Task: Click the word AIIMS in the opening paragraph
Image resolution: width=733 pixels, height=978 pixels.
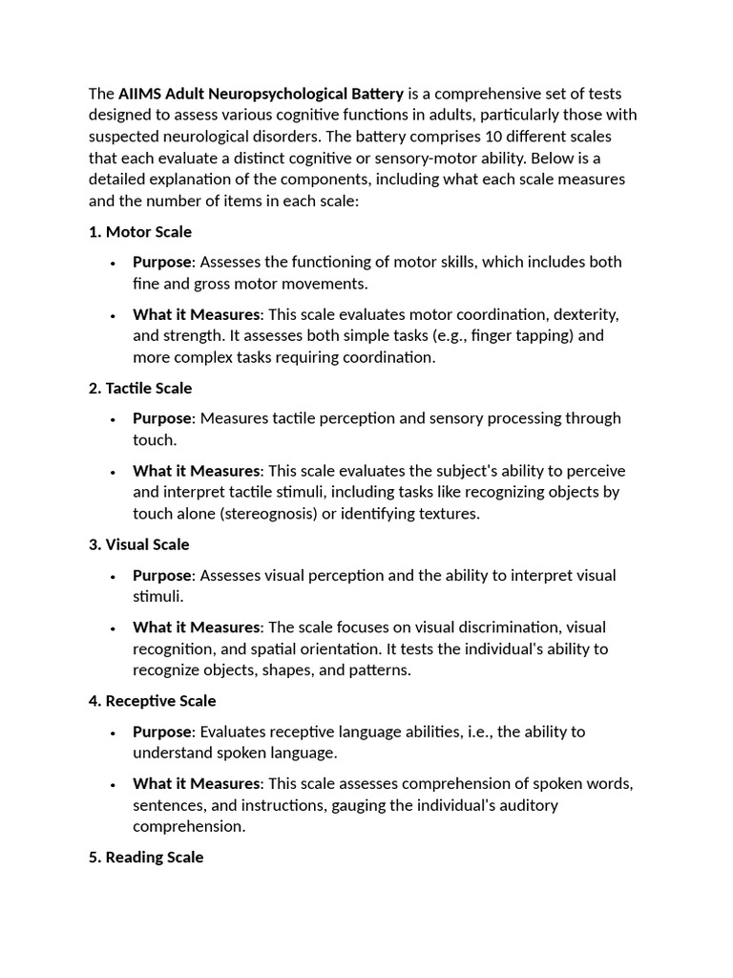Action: pos(141,94)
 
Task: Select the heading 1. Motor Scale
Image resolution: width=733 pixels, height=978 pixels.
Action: pos(139,231)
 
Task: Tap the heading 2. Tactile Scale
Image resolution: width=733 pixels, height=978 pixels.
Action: pos(139,388)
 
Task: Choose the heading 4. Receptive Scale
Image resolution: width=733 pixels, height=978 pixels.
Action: pos(152,701)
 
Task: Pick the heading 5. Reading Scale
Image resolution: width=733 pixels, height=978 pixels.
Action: pos(146,858)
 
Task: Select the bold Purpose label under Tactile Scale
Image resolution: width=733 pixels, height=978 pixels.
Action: pos(162,418)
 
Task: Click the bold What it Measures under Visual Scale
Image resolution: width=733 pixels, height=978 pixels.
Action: pos(196,627)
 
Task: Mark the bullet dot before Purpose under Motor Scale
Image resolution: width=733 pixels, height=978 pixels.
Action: pos(113,263)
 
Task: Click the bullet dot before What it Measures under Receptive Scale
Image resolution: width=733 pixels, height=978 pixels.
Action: pos(113,784)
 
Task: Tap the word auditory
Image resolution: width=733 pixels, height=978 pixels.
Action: pos(529,805)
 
